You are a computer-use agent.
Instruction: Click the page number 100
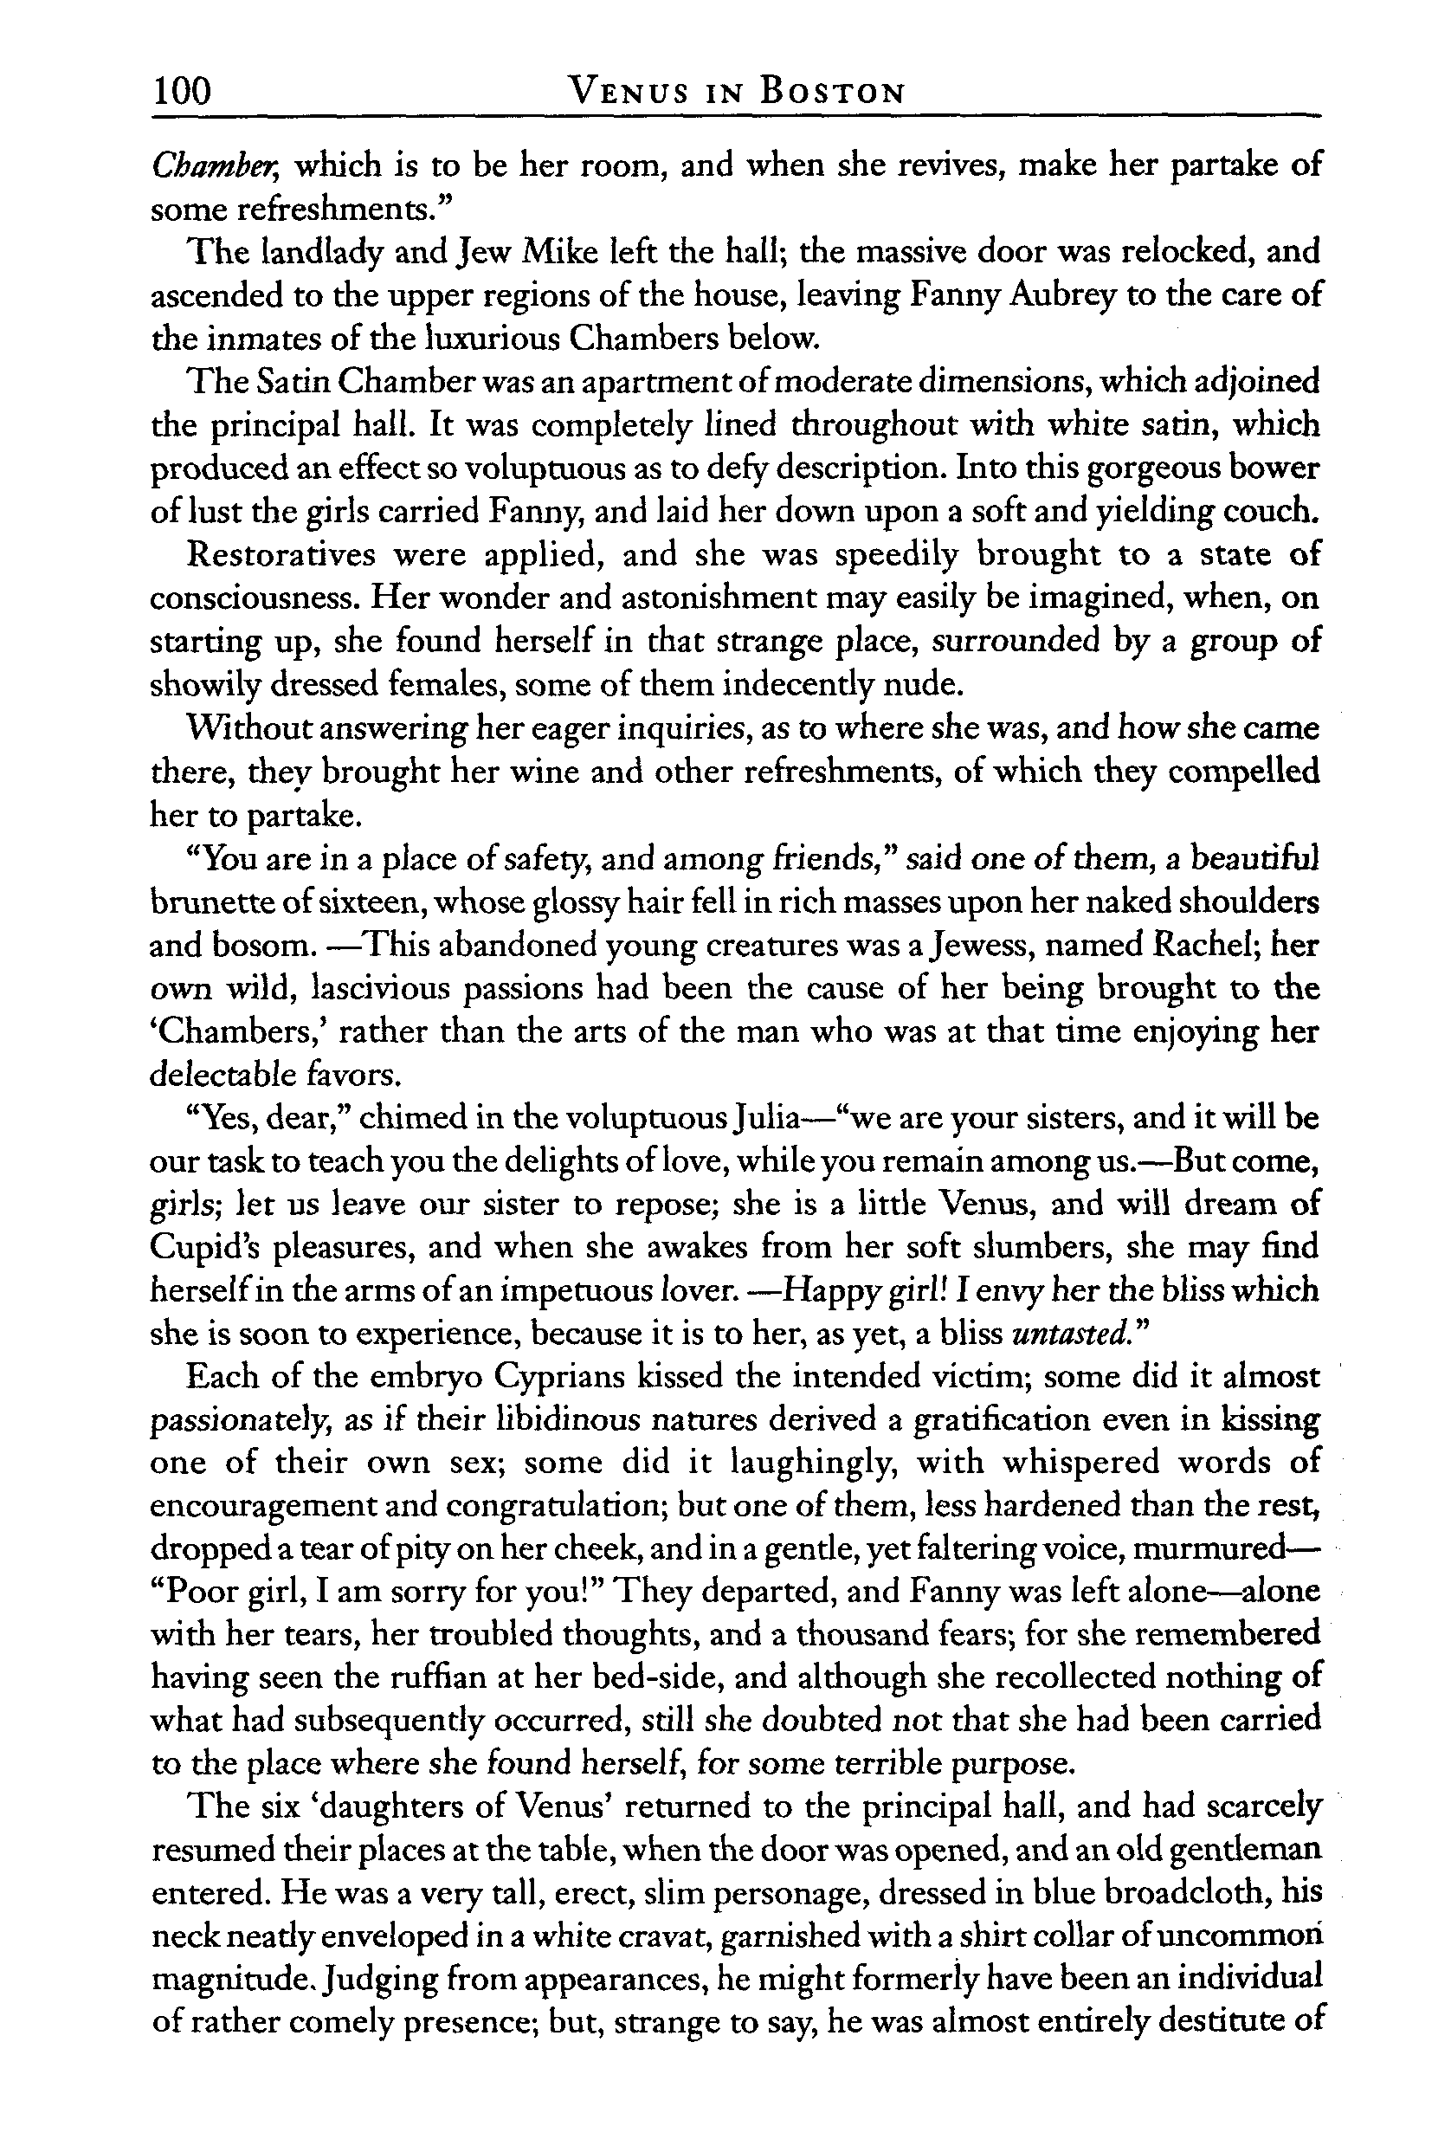pos(183,92)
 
